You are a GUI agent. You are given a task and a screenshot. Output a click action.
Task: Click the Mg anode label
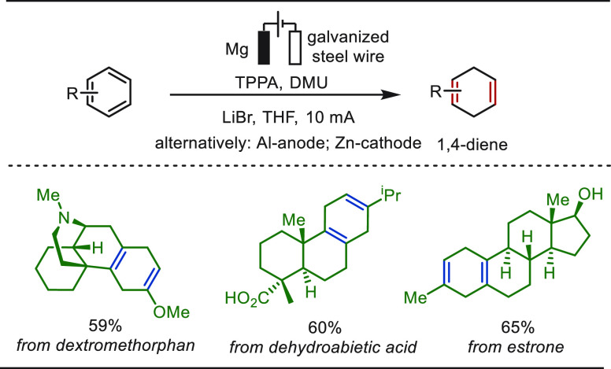click(x=237, y=50)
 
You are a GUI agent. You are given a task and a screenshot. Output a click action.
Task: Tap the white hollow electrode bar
click(x=295, y=47)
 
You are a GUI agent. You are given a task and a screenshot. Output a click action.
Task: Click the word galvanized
click(x=348, y=38)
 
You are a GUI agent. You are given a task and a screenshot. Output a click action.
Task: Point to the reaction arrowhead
click(x=391, y=94)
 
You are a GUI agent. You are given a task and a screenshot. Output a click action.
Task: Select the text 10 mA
click(x=331, y=117)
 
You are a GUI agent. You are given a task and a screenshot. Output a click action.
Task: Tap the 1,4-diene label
click(x=472, y=145)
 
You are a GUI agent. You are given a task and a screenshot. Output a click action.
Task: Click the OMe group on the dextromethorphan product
click(x=172, y=312)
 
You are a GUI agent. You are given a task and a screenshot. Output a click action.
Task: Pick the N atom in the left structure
click(x=65, y=219)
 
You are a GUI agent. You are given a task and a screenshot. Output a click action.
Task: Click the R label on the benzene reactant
click(x=73, y=94)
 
